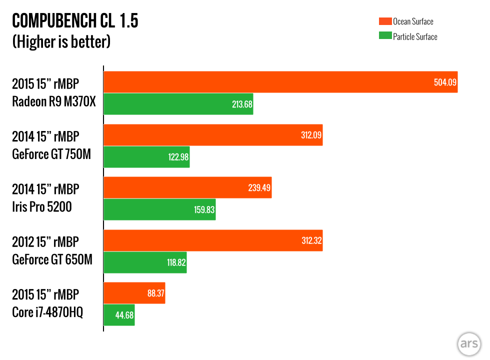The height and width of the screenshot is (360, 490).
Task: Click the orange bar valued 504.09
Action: [x=280, y=82]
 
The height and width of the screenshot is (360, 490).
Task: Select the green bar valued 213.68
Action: [x=178, y=104]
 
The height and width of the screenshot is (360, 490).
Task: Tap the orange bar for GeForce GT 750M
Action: [x=213, y=135]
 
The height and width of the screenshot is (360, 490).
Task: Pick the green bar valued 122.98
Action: [x=146, y=157]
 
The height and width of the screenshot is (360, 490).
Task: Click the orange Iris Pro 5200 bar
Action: [x=187, y=187]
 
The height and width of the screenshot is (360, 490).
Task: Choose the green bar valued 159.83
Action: [x=159, y=209]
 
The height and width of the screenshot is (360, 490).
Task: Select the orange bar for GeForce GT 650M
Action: [x=213, y=240]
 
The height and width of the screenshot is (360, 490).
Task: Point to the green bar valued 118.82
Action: [x=145, y=262]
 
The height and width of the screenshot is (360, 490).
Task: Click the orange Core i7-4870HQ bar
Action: [x=134, y=293]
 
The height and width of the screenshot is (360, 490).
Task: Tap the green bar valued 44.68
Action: [x=119, y=315]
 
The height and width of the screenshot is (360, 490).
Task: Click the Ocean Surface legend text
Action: [x=413, y=21]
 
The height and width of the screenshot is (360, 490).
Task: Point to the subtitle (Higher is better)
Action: [x=61, y=42]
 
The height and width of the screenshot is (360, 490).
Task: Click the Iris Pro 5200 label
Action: [x=42, y=206]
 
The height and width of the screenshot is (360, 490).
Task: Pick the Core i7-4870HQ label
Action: [x=47, y=313]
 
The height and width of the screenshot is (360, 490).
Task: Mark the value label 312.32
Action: [x=309, y=240]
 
